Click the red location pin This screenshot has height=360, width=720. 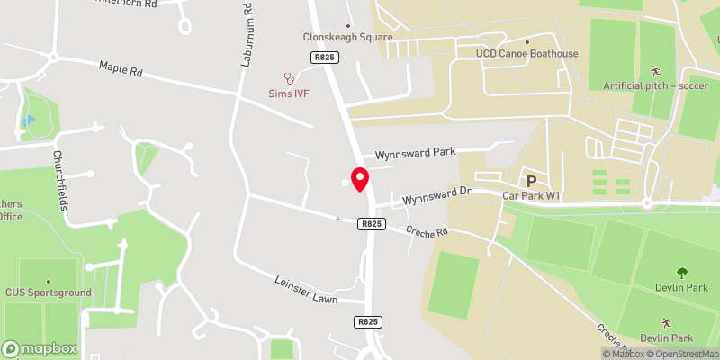pyautogui.click(x=360, y=179)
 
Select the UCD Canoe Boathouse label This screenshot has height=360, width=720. pyautogui.click(x=527, y=54)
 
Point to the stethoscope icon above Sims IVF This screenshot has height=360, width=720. pyautogui.click(x=289, y=78)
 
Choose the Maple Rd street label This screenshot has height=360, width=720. pyautogui.click(x=121, y=69)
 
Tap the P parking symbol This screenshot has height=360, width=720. pyautogui.click(x=531, y=181)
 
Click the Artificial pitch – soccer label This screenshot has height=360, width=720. pyautogui.click(x=656, y=85)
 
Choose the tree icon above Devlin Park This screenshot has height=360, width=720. pyautogui.click(x=679, y=274)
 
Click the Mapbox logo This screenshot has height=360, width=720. pyautogui.click(x=40, y=347)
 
